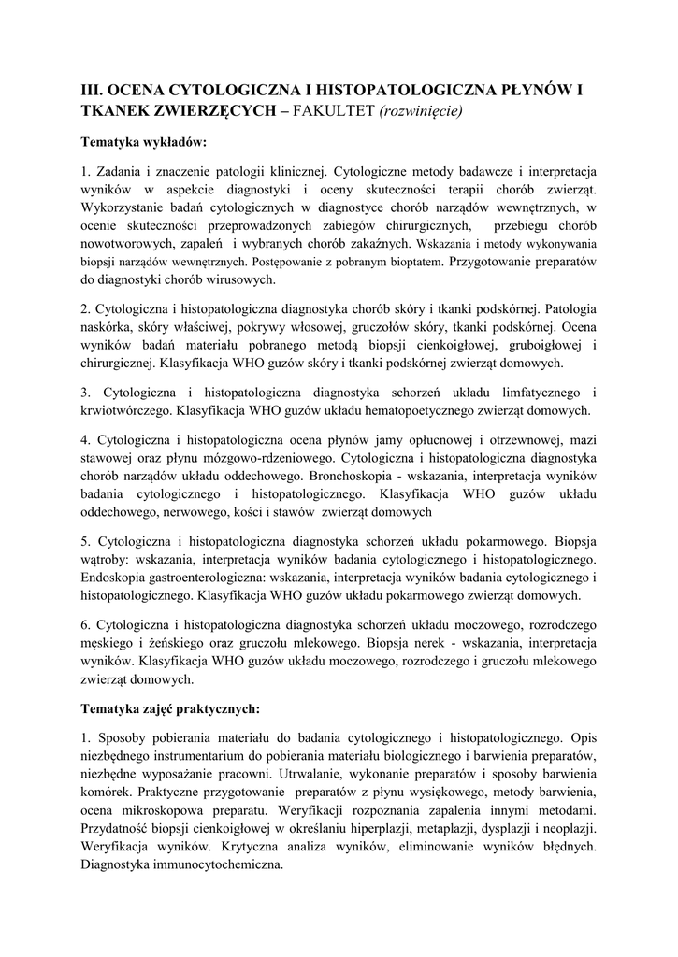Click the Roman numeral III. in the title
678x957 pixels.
[x=92, y=91]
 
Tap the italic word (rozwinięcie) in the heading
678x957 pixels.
[x=422, y=112]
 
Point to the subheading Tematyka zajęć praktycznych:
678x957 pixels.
[x=170, y=707]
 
